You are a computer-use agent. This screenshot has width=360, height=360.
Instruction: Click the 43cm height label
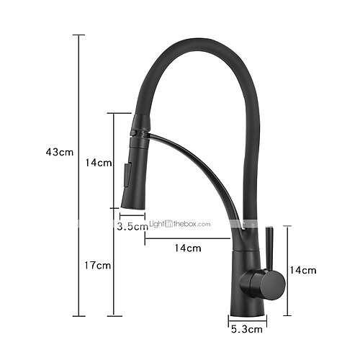(x=60, y=152)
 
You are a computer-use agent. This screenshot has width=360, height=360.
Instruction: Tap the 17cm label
(x=97, y=266)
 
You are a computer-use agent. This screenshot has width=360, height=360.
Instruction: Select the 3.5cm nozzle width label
(x=132, y=226)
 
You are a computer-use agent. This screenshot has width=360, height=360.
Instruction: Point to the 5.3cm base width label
(x=247, y=329)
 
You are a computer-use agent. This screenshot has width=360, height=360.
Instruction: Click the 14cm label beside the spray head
(x=99, y=163)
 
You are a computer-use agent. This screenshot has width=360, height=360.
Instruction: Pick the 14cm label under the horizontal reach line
(x=188, y=248)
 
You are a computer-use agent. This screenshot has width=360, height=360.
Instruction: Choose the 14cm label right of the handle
(x=303, y=270)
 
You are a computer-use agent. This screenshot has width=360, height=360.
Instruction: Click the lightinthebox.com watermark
(x=180, y=224)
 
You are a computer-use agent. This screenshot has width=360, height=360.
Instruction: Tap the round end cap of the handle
(x=273, y=286)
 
